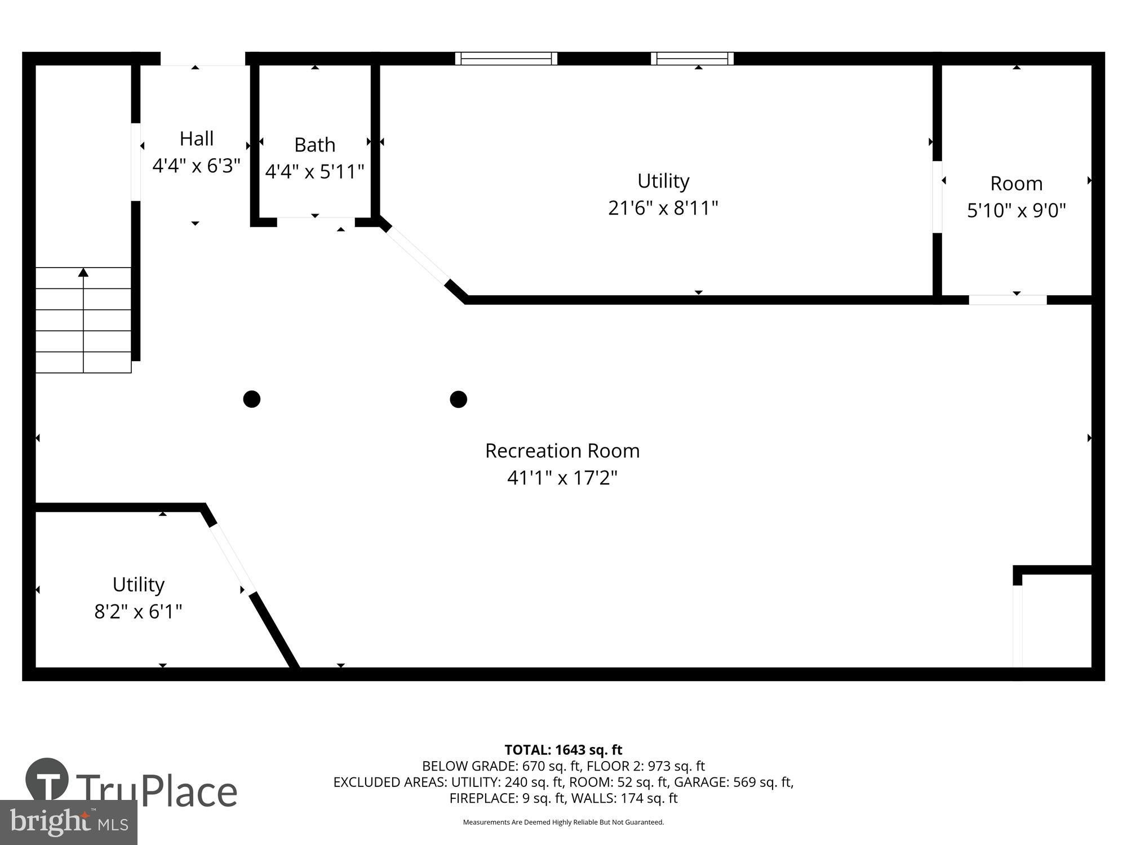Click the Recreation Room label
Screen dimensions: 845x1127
[562, 451]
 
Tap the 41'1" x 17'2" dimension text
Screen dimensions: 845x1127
[562, 478]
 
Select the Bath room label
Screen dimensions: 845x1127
[314, 145]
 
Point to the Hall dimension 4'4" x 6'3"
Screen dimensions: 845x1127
[196, 166]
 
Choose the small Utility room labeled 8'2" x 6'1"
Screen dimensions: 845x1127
[138, 597]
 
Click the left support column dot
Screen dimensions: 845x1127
[251, 399]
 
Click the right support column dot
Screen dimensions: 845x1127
[458, 399]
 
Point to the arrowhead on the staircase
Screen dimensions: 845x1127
[83, 273]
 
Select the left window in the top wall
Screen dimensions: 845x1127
[506, 59]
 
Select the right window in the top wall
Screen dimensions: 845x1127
[692, 59]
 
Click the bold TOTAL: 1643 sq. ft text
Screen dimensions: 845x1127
[563, 750]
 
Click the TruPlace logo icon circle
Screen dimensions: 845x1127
[47, 780]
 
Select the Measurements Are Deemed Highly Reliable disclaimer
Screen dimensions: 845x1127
[563, 822]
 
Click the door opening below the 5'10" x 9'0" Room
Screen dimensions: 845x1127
[1008, 300]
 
